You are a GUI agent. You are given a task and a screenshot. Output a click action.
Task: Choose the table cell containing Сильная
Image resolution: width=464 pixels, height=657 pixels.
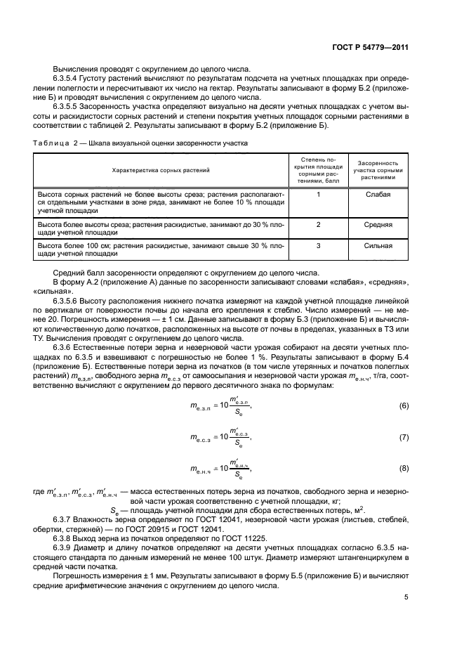(x=378, y=246)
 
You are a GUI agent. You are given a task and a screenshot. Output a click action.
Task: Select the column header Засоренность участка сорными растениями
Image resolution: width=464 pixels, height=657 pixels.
(x=378, y=170)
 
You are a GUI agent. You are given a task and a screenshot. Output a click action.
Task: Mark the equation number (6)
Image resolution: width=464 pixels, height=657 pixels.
(x=404, y=407)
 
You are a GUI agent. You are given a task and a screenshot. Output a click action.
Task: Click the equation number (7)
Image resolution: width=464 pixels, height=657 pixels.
(x=404, y=438)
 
